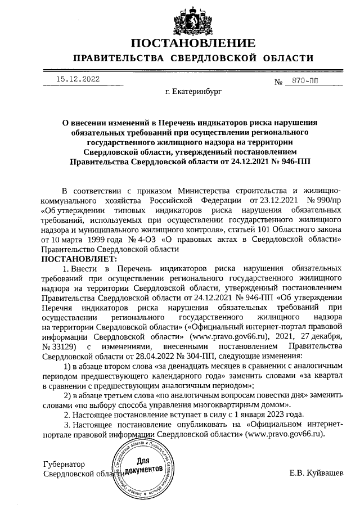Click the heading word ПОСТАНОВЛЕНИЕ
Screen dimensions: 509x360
click(x=193, y=43)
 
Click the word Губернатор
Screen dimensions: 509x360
click(x=64, y=465)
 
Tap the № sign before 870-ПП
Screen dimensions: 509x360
click(x=278, y=83)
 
